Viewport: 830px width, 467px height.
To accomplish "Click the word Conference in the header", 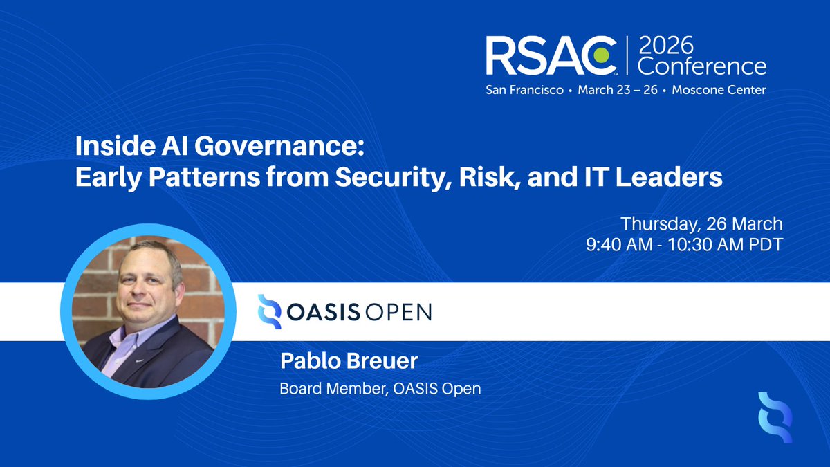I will (x=701, y=66).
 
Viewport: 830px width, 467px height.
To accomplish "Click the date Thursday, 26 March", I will (x=701, y=224).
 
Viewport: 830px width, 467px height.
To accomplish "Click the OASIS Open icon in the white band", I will (x=269, y=311).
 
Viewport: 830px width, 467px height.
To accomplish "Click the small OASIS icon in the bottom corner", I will (x=775, y=417).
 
